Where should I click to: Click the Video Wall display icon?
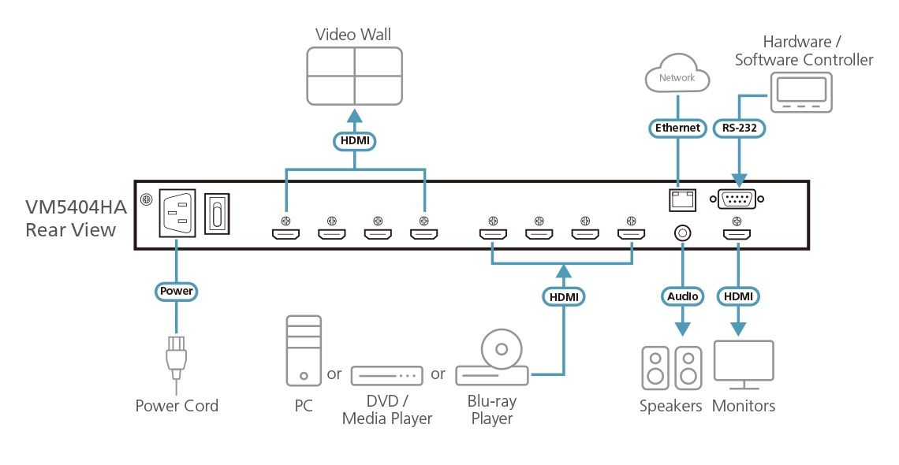354,76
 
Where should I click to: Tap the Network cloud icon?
677,73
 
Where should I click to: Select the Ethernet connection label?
677,128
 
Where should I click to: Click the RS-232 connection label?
739,128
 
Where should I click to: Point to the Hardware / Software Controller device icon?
801,93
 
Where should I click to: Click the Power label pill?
176,291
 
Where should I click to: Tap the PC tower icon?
304,351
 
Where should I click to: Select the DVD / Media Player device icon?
387,376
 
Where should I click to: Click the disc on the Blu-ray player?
502,348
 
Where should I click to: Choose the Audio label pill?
682,296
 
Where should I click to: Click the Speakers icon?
671,367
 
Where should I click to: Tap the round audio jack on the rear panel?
682,233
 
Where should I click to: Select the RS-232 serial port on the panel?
737,199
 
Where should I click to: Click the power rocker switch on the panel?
217,213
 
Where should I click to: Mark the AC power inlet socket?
177,213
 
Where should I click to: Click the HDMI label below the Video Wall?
354,141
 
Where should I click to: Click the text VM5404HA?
76,206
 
